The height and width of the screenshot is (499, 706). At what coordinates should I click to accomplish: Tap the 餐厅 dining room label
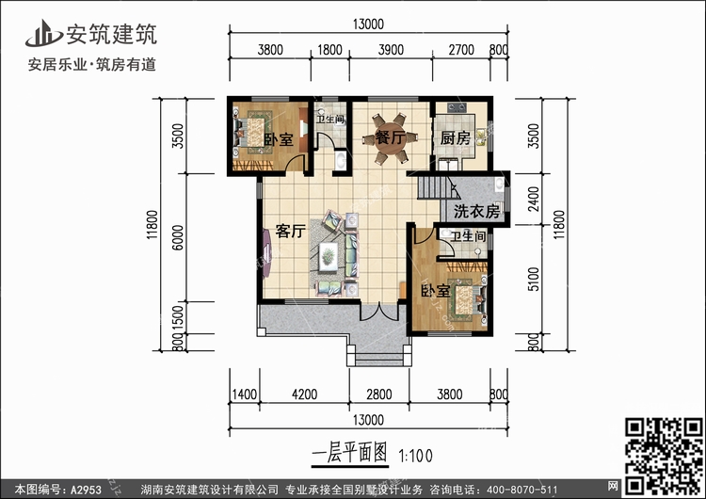(x=390, y=137)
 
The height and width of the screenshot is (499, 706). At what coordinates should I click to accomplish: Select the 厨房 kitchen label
(x=455, y=137)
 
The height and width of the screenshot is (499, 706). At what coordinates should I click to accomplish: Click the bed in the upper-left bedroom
(x=252, y=127)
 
